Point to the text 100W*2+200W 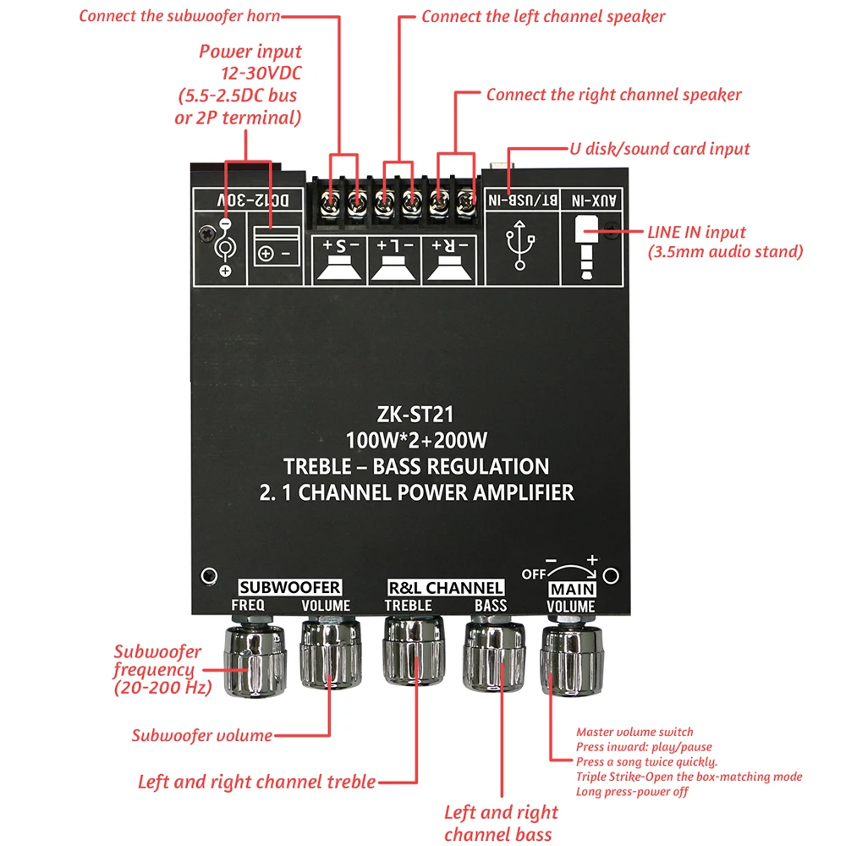point(416,441)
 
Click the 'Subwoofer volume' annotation point(201,735)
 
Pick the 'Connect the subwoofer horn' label point(179,16)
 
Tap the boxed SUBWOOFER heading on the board point(290,587)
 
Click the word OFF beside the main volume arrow point(534,573)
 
